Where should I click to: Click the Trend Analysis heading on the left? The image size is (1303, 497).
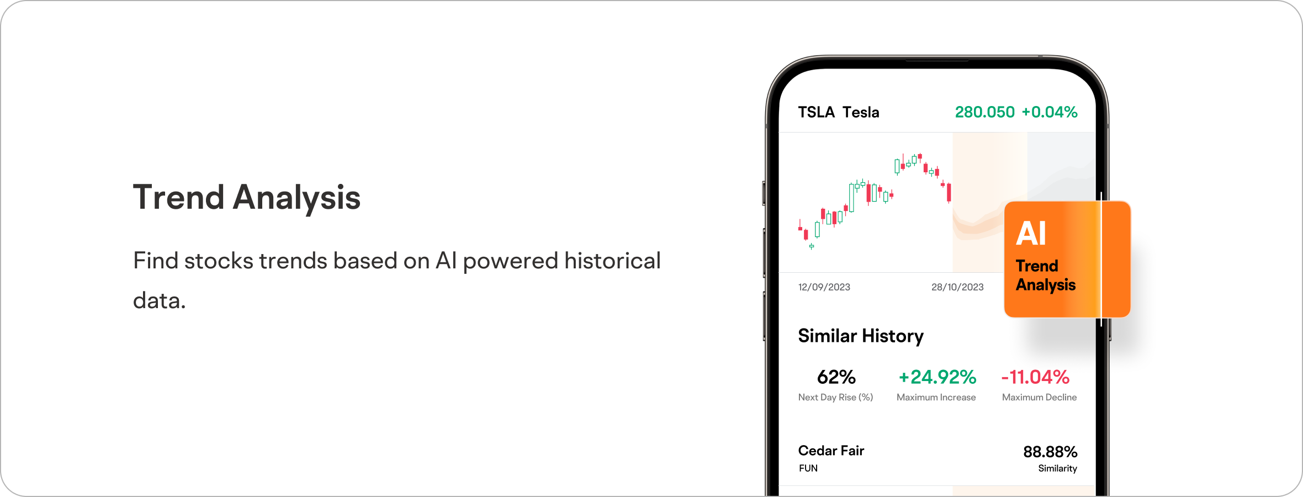point(246,198)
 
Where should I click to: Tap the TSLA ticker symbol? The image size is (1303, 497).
point(816,112)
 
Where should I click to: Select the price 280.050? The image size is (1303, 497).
point(984,112)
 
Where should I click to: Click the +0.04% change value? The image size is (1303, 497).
point(1049,112)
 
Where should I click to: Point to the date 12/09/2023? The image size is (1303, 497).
point(824,287)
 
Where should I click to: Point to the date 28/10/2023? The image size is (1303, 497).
point(957,287)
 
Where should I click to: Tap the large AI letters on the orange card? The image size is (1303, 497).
point(1031,233)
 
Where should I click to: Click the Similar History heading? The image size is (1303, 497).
point(861,336)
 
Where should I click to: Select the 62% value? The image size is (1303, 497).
point(836,377)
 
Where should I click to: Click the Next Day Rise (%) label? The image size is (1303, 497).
point(835,398)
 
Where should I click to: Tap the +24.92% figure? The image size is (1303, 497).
point(937,377)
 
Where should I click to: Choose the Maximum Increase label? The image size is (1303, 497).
point(936,398)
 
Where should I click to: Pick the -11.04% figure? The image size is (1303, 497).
point(1035,377)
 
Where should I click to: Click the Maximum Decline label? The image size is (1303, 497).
point(1039,398)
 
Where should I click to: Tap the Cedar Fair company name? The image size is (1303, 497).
point(831,451)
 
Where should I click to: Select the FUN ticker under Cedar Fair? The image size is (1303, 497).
point(808,468)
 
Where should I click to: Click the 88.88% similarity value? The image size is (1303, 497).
point(1050,452)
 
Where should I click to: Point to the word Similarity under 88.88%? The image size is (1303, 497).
point(1057,468)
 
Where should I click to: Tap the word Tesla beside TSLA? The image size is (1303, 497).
point(861,112)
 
